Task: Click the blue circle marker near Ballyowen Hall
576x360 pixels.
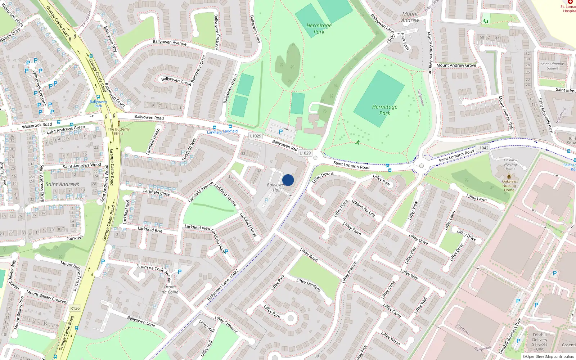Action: coord(288,180)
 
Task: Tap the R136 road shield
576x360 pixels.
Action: coord(75,308)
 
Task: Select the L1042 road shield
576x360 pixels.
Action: coord(483,148)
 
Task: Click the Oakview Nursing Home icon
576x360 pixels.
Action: coord(509,176)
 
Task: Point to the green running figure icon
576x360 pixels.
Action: coord(357,143)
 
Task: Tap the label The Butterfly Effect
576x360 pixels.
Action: coord(118,131)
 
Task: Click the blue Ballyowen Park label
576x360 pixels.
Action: coord(98,104)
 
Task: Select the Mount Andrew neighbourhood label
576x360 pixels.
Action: coord(410,17)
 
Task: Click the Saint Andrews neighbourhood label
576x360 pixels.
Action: coord(62,184)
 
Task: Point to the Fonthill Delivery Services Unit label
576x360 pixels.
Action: coord(540,342)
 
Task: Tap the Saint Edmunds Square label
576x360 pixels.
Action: coord(552,66)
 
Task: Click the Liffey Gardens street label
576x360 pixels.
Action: coord(309,285)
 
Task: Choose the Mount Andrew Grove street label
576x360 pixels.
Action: coord(456,65)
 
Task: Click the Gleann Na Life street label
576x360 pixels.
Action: coord(363,208)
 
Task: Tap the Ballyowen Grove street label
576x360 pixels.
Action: coord(176,81)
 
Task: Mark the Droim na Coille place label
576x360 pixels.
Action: coord(170,289)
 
